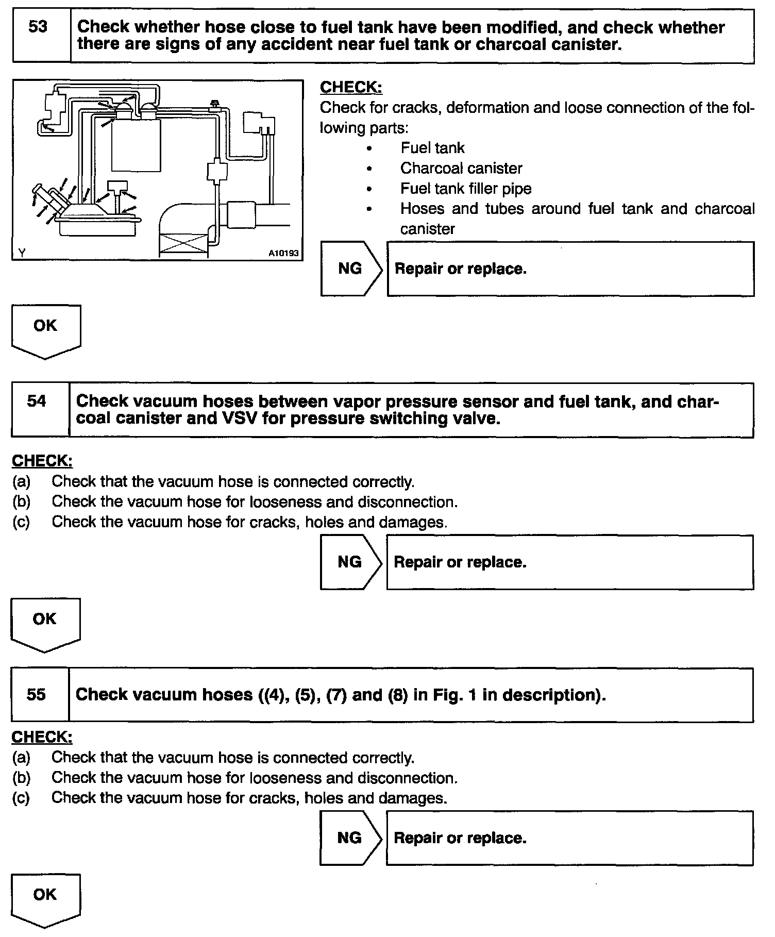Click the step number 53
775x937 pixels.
[38, 27]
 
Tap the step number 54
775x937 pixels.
[37, 401]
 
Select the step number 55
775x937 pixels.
[36, 694]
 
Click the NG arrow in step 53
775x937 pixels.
[351, 269]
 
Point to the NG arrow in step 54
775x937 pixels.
[350, 562]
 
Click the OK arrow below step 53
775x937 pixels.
[45, 329]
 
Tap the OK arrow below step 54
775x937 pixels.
[45, 623]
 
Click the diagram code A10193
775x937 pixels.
[283, 253]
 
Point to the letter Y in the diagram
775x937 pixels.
[22, 253]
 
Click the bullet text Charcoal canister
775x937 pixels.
[461, 168]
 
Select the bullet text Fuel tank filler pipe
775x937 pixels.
[466, 189]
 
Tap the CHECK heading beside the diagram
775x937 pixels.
[351, 87]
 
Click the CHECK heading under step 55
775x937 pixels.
[42, 737]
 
